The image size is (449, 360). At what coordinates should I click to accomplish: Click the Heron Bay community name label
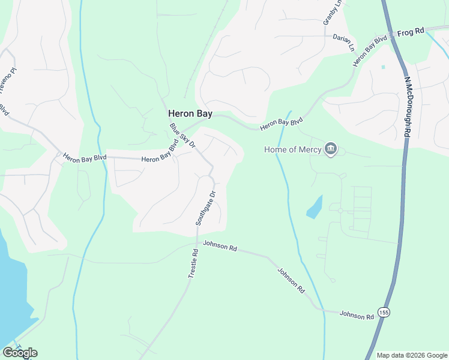pyautogui.click(x=190, y=113)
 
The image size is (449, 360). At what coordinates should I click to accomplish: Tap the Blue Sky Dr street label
pyautogui.click(x=182, y=135)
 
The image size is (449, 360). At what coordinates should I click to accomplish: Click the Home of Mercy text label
pyautogui.click(x=292, y=149)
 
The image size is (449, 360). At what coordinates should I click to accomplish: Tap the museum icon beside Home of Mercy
pyautogui.click(x=330, y=149)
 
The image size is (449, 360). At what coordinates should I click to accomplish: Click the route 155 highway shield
pyautogui.click(x=384, y=312)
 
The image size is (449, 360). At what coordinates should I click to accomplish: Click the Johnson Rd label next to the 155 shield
pyautogui.click(x=357, y=314)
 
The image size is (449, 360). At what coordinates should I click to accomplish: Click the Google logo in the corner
pyautogui.click(x=20, y=353)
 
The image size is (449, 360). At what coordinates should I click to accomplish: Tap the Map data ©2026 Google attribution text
pyautogui.click(x=411, y=355)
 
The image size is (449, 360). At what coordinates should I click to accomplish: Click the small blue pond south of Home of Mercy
pyautogui.click(x=314, y=207)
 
